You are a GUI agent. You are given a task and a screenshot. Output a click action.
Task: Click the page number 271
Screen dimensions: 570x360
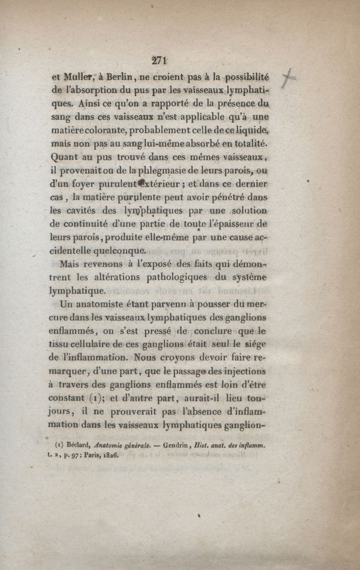pyautogui.click(x=160, y=60)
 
